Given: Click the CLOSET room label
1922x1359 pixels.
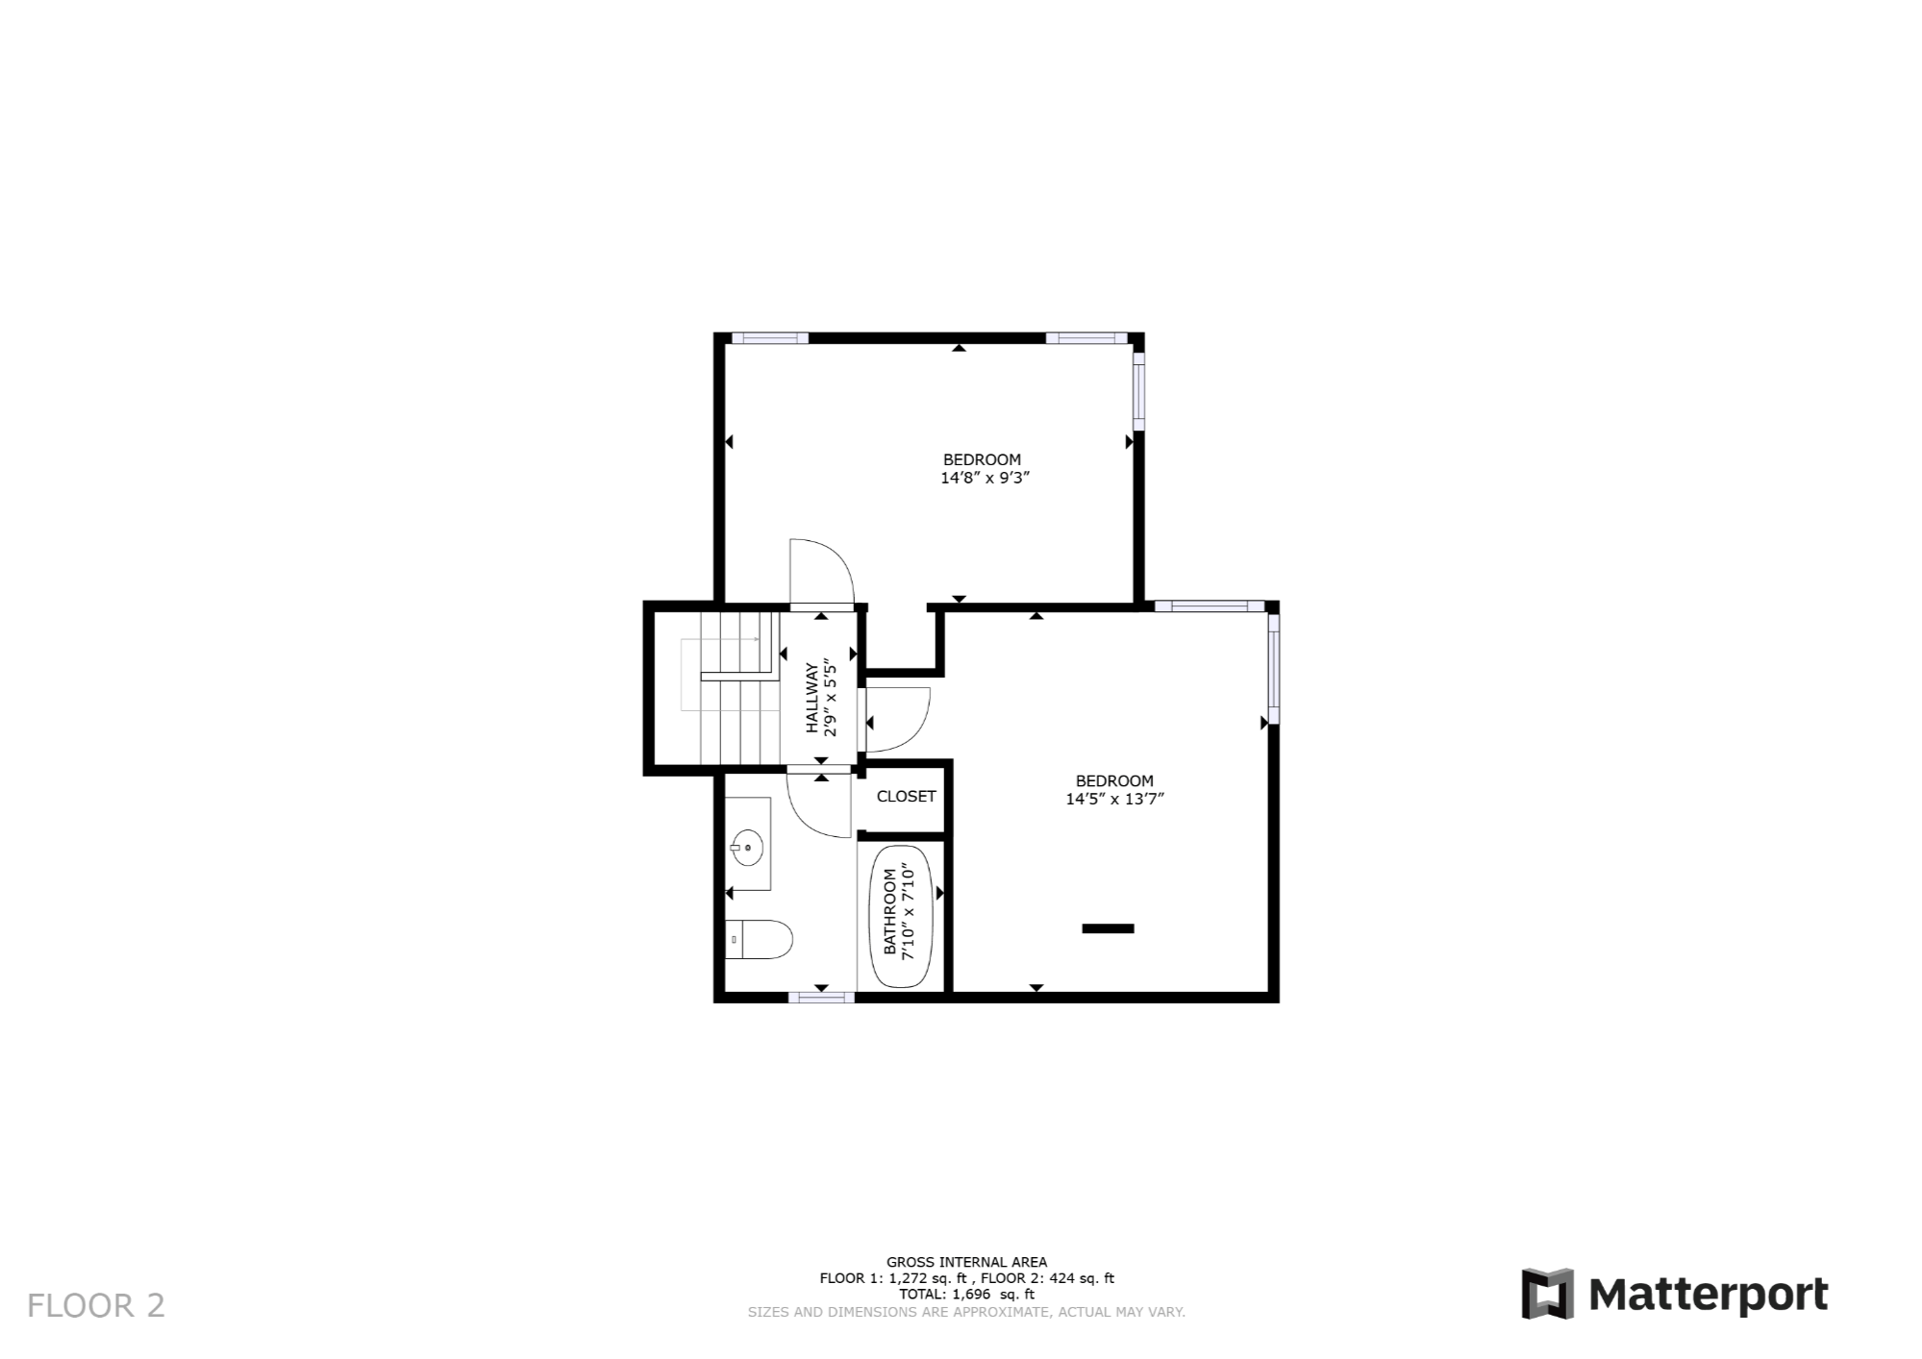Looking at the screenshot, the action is [x=906, y=797].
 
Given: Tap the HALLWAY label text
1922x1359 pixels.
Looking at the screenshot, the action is [x=812, y=699].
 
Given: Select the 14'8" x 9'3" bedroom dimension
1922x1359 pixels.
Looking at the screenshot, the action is [x=985, y=478].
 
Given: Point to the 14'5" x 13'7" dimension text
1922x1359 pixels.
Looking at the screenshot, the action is [x=1114, y=799].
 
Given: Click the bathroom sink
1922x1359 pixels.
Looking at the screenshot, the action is [x=747, y=848].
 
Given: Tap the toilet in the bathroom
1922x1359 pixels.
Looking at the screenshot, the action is [x=759, y=939].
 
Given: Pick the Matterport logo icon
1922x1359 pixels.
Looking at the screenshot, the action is [x=1547, y=1294].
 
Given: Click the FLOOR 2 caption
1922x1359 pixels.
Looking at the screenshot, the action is [x=96, y=1305].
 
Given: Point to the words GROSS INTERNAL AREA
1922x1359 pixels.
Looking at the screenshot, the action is [x=966, y=1262].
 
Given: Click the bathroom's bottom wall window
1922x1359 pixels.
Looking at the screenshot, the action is [x=821, y=998].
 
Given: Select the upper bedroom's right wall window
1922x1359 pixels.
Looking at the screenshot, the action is [x=1138, y=391].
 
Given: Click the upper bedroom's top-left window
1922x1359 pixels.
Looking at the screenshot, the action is [x=769, y=338].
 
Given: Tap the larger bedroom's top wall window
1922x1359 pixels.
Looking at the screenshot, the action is [x=1210, y=606].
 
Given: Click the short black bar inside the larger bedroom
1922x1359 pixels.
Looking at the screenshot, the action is [x=1108, y=928].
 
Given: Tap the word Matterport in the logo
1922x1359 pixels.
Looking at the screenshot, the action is [x=1708, y=1295].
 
